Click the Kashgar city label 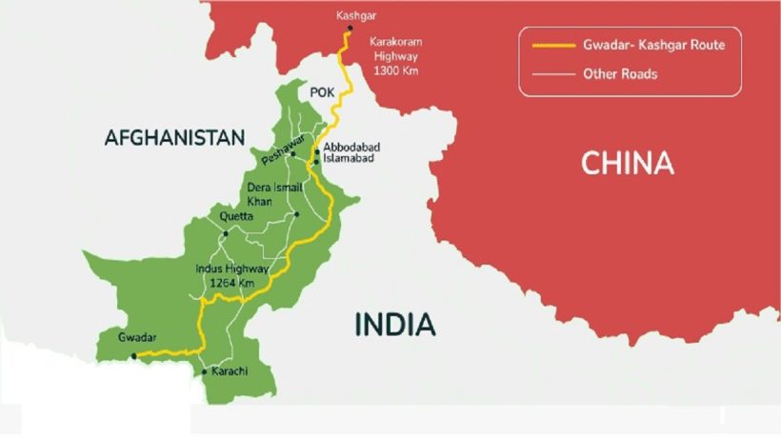(x=355, y=15)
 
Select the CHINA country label (x=627, y=164)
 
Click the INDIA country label (x=394, y=325)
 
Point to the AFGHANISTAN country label (x=174, y=138)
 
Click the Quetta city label (x=236, y=216)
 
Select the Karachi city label (x=230, y=370)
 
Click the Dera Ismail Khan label (x=273, y=194)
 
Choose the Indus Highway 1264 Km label (x=231, y=276)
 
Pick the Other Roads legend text (x=620, y=73)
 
